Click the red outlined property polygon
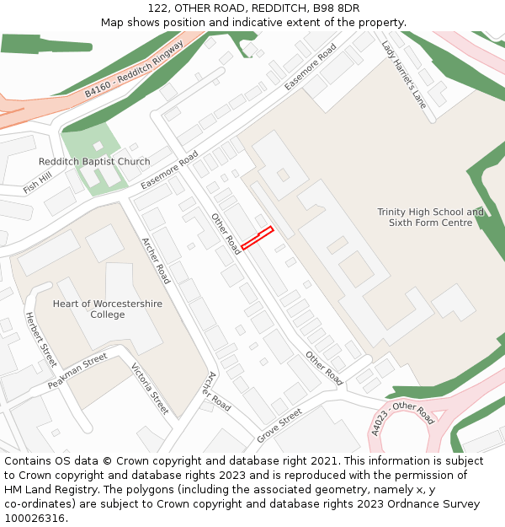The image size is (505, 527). pyautogui.click(x=258, y=238)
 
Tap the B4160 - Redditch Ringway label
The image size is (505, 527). pyautogui.click(x=135, y=71)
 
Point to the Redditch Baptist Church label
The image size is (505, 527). pyautogui.click(x=94, y=162)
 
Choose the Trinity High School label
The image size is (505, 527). pyautogui.click(x=430, y=218)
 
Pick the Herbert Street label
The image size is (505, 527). pyautogui.click(x=40, y=339)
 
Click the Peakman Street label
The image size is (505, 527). pyautogui.click(x=77, y=371)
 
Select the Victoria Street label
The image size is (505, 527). pyautogui.click(x=150, y=389)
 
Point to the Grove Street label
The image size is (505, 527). pyautogui.click(x=279, y=427)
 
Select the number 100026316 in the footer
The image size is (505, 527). pyautogui.click(x=35, y=519)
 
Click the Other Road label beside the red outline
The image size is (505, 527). pyautogui.click(x=226, y=234)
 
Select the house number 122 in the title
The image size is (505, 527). pyautogui.click(x=157, y=8)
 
